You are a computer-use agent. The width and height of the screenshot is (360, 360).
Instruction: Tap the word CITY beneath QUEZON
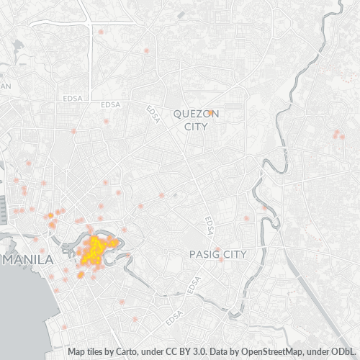coord(196,127)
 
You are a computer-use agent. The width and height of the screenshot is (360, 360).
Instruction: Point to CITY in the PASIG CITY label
coord(234,254)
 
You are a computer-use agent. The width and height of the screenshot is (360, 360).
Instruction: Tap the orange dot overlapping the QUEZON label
coord(210,112)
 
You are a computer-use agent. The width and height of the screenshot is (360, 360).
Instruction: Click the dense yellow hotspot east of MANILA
coord(96,250)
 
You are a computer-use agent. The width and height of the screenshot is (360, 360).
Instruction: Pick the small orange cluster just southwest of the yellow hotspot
coord(80,274)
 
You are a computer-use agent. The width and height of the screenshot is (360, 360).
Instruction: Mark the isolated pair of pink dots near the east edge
coord(337,134)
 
